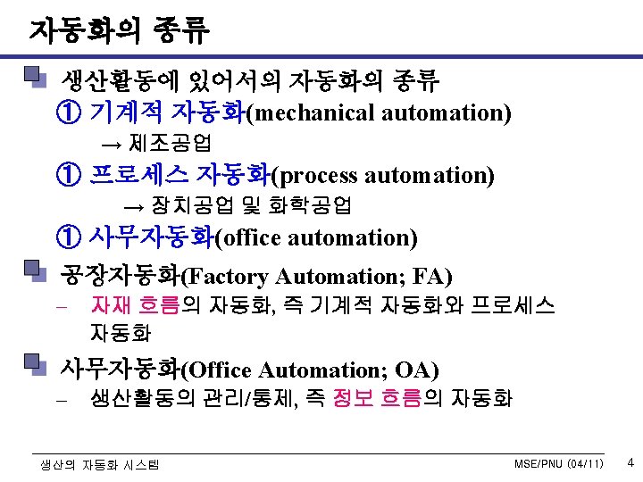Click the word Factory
click(228, 276)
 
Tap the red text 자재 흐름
click(135, 306)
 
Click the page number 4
click(630, 463)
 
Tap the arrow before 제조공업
click(111, 144)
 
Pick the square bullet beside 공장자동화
click(34, 271)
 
